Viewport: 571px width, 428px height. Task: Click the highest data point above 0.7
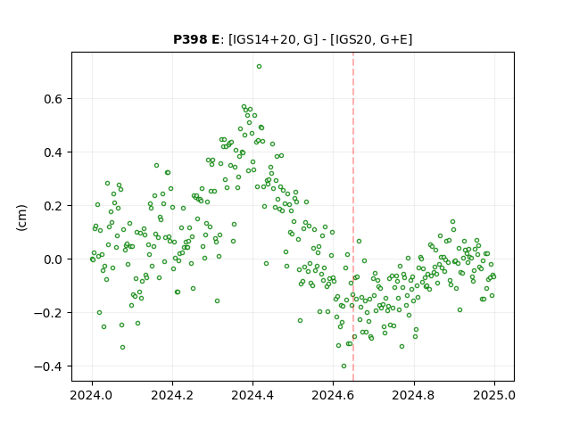click(259, 67)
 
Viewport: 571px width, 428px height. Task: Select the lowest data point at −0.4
click(343, 366)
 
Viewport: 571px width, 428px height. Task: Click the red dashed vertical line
click(353, 217)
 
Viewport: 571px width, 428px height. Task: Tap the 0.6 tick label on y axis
click(54, 99)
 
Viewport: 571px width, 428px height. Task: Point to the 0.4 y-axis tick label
click(54, 152)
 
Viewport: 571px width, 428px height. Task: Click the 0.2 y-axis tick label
click(54, 206)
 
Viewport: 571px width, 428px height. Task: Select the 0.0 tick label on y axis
click(54, 259)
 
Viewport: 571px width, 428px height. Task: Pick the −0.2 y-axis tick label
click(49, 313)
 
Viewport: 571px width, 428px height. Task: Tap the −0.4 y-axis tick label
click(49, 366)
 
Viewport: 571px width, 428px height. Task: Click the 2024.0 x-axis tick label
click(92, 395)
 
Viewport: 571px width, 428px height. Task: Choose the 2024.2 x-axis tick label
click(172, 395)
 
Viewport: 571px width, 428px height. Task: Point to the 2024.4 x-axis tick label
click(252, 395)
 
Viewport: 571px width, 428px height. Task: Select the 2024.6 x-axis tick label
click(333, 395)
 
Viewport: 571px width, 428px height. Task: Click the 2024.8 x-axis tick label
click(414, 395)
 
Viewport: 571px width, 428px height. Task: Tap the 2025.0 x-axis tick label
click(494, 395)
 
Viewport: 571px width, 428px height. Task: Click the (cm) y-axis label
click(21, 218)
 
